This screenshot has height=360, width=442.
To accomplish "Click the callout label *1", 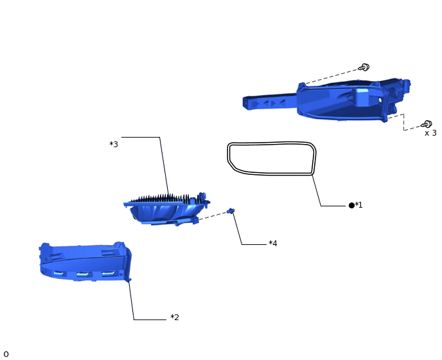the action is click(358, 205).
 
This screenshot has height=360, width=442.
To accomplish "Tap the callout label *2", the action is click(175, 318).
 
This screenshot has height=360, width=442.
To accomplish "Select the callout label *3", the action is click(114, 144).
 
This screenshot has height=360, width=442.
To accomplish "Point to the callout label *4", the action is click(273, 243).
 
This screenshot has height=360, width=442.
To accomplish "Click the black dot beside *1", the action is click(351, 205).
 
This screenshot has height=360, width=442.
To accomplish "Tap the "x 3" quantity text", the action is click(430, 133).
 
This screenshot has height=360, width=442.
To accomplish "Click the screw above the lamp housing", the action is click(364, 67).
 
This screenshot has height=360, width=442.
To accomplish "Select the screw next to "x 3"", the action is click(427, 124).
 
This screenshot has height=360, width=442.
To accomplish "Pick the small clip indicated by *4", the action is click(231, 211).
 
